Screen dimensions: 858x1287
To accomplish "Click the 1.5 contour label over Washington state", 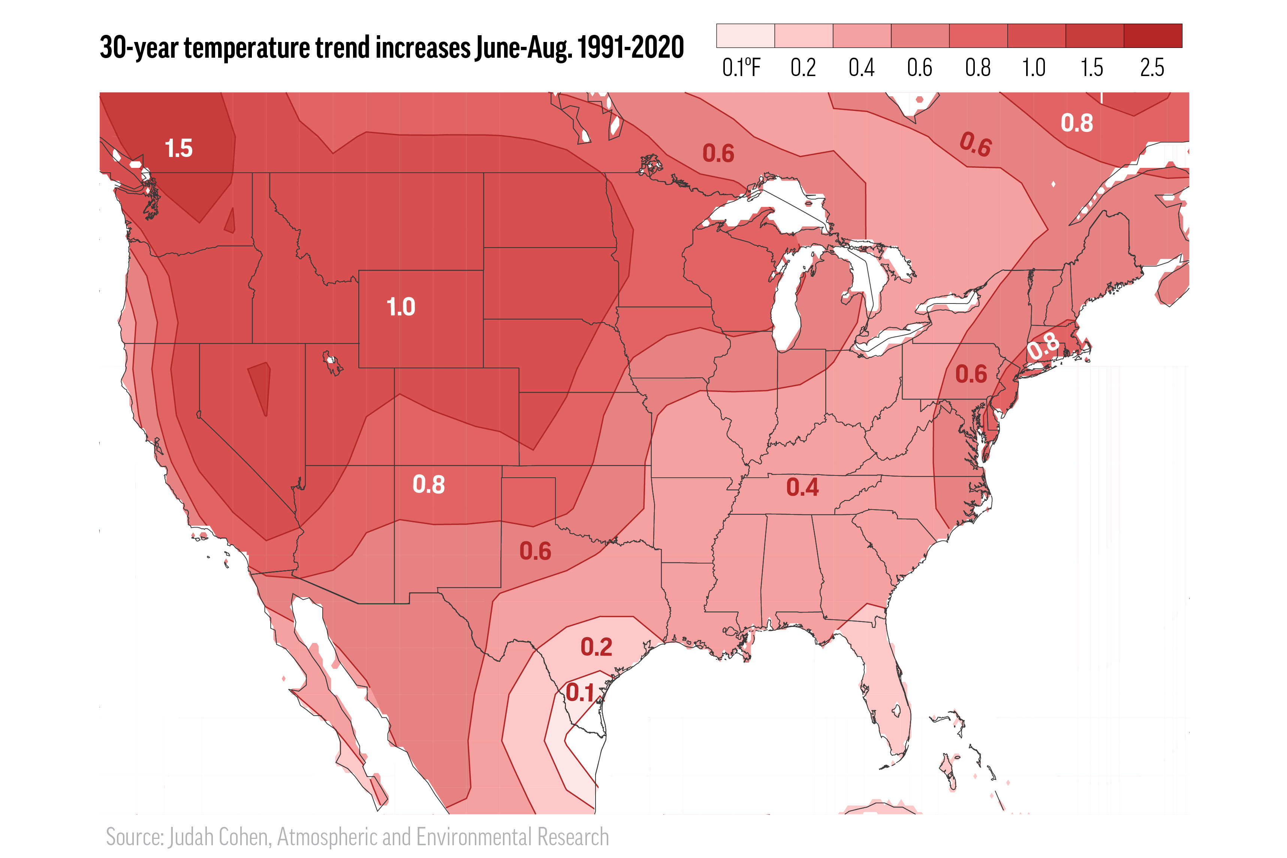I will click(x=178, y=149).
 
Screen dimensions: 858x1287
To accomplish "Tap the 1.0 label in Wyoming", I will click(x=401, y=307).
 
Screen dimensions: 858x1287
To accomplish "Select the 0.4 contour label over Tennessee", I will click(x=802, y=487).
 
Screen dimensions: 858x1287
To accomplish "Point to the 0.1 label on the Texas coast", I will click(x=580, y=693).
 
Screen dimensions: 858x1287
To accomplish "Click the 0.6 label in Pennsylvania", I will click(x=971, y=375).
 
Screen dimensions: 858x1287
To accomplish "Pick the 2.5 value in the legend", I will click(x=1152, y=68).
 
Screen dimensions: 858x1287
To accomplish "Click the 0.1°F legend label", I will click(x=741, y=68).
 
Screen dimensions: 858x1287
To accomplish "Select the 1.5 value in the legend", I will click(x=1092, y=68).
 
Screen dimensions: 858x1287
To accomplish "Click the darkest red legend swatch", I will click(x=1152, y=36).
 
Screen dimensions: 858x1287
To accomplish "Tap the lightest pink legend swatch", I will click(x=745, y=36).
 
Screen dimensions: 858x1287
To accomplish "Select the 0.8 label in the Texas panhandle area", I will click(x=428, y=485).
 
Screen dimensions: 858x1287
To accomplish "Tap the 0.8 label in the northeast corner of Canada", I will click(x=1076, y=123).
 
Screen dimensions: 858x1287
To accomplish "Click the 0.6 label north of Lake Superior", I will click(x=718, y=154).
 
